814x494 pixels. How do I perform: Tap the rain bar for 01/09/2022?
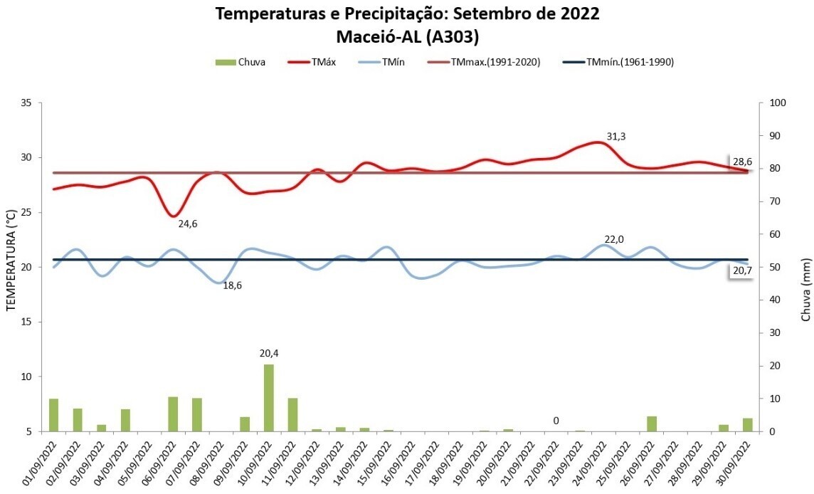coord(53,414)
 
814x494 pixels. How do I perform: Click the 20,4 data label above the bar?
coord(269,353)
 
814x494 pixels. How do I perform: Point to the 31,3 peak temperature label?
coord(616,137)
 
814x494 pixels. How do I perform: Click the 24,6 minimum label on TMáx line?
coord(188,224)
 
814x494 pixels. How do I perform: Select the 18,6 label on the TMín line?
coord(233,286)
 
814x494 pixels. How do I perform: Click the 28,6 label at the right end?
coord(742,162)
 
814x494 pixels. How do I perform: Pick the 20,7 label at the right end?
coord(742,271)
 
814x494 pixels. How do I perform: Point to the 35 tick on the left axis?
coord(26,103)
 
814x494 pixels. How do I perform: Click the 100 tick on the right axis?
coord(777,103)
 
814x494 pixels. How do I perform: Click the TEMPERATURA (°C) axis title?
coord(11,261)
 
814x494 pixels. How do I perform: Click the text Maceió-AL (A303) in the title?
coord(407,36)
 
